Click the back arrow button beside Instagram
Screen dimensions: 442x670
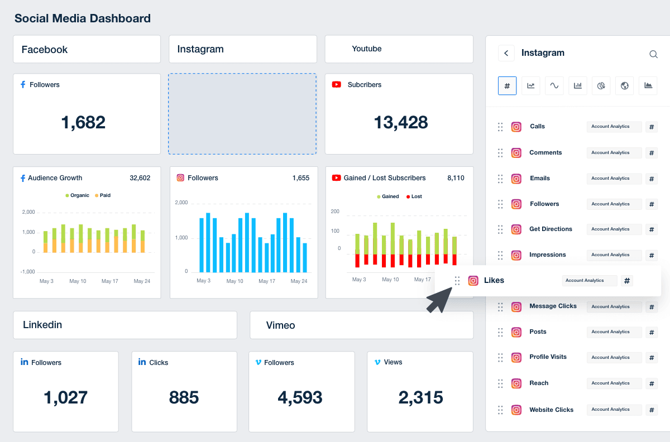tap(506, 53)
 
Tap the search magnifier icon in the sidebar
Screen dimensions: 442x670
tap(653, 54)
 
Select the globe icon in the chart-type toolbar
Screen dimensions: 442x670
tap(625, 85)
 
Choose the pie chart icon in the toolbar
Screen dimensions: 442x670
tap(601, 85)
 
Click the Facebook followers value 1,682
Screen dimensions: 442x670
tap(83, 122)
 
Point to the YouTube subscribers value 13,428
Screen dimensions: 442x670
tap(401, 122)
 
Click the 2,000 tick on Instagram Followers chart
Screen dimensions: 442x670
tap(181, 203)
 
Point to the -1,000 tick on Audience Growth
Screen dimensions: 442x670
tap(28, 272)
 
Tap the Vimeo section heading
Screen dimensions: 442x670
tap(280, 325)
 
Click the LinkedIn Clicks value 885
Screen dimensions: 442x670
tap(184, 397)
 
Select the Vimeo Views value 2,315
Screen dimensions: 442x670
tap(420, 397)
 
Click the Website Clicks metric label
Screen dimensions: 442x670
tap(551, 410)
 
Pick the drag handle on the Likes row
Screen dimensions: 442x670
tap(457, 281)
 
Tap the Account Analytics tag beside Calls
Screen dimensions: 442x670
tap(614, 127)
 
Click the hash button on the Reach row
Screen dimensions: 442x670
tap(652, 383)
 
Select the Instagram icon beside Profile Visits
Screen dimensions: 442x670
tap(516, 357)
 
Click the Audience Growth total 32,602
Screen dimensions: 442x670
tap(140, 178)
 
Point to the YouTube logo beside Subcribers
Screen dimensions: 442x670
tap(337, 85)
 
